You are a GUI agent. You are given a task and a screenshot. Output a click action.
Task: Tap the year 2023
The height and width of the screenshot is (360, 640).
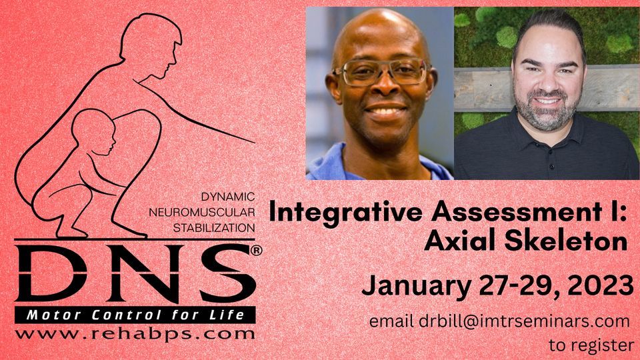pos(597,286)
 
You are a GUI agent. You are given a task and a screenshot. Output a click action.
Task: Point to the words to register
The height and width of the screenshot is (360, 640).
pos(591,345)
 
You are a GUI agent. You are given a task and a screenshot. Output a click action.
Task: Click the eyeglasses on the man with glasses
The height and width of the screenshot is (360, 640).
pos(381,73)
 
